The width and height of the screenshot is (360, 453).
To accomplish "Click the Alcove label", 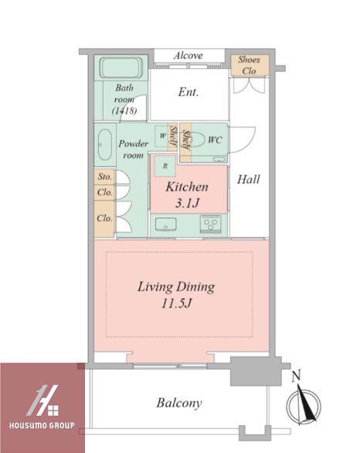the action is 188,56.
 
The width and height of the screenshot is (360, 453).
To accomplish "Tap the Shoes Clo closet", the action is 250,65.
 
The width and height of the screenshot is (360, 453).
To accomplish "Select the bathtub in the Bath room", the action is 121,68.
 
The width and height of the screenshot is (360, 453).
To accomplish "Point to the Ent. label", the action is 188,92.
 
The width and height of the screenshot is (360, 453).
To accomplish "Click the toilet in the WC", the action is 199,140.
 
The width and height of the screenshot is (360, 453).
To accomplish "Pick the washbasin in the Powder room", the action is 104,145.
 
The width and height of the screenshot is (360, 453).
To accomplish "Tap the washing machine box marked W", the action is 161,135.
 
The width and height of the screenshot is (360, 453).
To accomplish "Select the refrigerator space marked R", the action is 165,166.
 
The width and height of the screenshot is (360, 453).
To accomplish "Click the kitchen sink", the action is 166,224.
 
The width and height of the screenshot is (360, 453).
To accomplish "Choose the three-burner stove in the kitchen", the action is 209,224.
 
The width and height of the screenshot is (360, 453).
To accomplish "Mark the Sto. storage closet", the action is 104,176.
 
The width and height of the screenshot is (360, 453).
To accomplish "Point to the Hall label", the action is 248,179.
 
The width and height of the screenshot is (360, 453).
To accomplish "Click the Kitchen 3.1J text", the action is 187,195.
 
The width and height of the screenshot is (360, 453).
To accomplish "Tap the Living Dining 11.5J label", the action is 176,295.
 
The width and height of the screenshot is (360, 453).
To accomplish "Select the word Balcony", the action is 179,403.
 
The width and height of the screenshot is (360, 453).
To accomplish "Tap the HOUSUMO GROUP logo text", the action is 42,425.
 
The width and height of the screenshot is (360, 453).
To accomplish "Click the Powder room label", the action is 133,149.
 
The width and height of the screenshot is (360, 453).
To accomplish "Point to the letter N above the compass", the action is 296,376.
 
